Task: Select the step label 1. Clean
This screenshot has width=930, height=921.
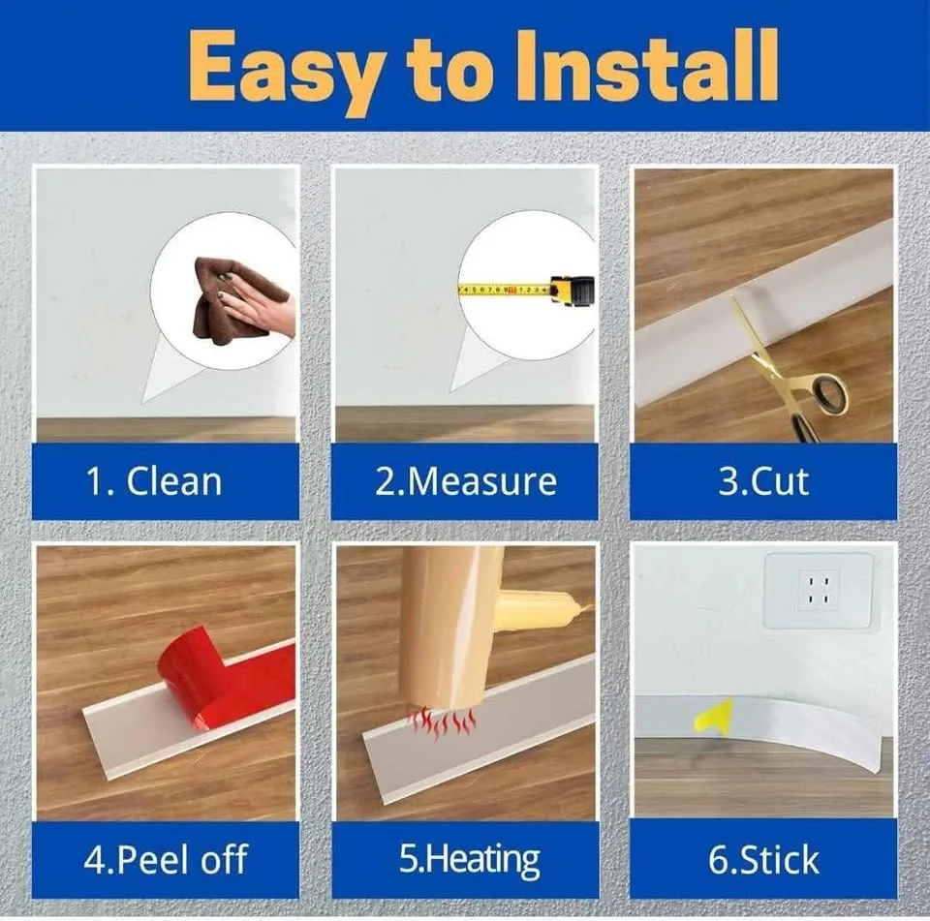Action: [x=154, y=480]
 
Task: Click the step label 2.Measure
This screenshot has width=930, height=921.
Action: [x=466, y=480]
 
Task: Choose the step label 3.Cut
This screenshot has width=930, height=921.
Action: [x=763, y=480]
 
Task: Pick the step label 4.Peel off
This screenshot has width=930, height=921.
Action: [x=165, y=858]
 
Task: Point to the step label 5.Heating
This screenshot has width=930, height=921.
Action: [x=469, y=860]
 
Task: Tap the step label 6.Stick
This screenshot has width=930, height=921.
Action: [x=763, y=859]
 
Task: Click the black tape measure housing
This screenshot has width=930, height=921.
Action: [x=573, y=292]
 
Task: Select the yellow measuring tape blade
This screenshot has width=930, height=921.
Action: [x=504, y=290]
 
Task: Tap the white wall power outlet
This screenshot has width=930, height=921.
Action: [x=819, y=591]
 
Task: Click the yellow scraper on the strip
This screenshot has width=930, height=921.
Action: [x=715, y=717]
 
